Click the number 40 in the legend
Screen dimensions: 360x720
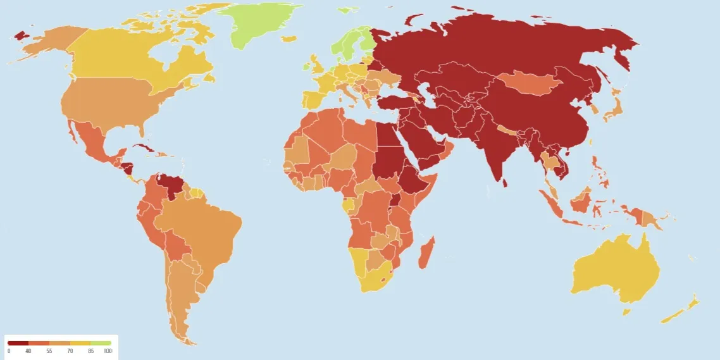click(28, 351)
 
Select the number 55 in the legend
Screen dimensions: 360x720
click(49, 351)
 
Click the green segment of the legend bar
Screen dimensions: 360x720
click(101, 343)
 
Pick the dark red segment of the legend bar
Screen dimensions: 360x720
click(18, 343)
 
